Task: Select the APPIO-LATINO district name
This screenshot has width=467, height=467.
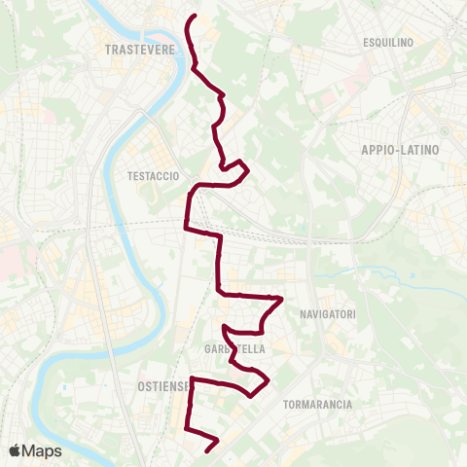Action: (x=400, y=150)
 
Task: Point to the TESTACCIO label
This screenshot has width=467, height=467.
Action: (x=153, y=176)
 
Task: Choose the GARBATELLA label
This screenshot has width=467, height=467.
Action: (x=230, y=349)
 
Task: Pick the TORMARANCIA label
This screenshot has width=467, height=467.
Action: (x=315, y=403)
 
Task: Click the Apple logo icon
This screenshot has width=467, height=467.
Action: (x=16, y=450)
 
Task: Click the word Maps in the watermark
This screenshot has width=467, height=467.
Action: (x=43, y=450)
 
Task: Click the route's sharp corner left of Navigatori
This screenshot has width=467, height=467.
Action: (x=281, y=299)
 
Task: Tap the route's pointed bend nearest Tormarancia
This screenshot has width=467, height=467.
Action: (x=269, y=377)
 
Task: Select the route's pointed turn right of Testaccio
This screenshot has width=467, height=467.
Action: (x=249, y=171)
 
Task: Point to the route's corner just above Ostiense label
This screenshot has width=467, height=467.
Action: (x=192, y=377)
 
